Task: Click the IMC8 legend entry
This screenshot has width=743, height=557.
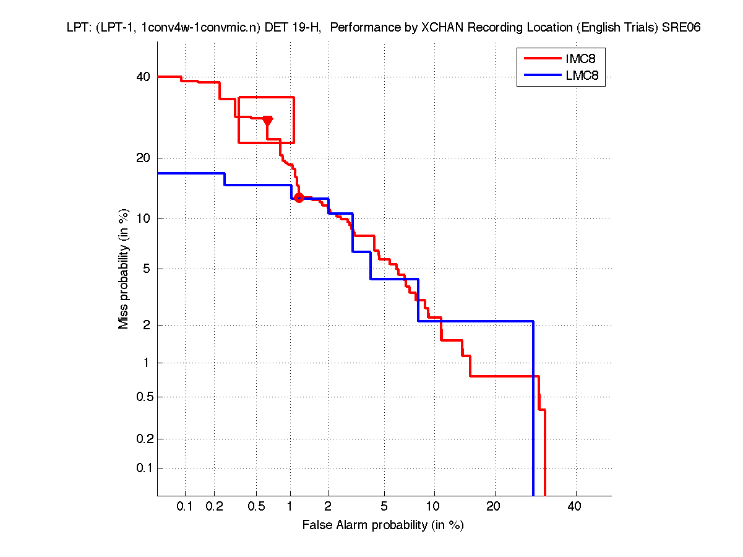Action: click(580, 59)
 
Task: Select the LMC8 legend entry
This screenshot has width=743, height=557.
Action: click(580, 77)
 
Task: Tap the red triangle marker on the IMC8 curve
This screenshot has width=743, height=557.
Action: click(268, 120)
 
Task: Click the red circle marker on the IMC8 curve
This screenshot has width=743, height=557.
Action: click(299, 197)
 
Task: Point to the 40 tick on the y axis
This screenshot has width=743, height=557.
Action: click(143, 77)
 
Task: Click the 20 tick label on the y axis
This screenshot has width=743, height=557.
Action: click(143, 158)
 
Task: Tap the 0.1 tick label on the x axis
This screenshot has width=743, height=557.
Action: click(185, 507)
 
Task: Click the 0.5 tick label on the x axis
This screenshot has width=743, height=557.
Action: click(256, 507)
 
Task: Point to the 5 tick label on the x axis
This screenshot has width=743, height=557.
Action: click(384, 507)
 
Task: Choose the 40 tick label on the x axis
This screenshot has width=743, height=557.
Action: click(575, 507)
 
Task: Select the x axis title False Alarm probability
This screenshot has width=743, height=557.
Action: click(383, 525)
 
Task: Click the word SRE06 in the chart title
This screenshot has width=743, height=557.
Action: click(681, 28)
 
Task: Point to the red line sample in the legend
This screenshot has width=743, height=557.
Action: click(542, 59)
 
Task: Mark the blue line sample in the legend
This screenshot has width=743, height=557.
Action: click(542, 77)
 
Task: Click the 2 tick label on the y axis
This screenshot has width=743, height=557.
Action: click(146, 325)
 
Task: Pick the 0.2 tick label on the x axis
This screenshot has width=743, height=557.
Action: click(215, 507)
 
